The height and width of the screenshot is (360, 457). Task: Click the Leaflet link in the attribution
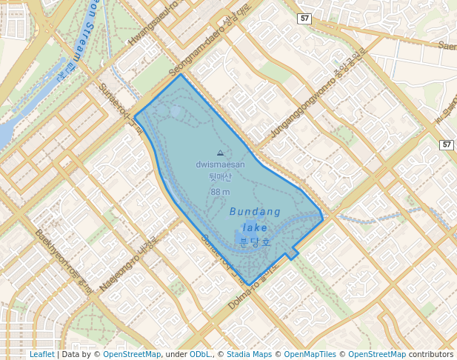(x=41, y=354)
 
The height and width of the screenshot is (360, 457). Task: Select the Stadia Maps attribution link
(x=249, y=354)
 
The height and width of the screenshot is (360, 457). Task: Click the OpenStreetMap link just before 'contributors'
(x=377, y=354)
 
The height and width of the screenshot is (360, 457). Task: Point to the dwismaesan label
(x=220, y=164)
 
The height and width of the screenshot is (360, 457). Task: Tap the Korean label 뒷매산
(x=220, y=177)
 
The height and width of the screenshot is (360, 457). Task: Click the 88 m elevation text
(x=220, y=192)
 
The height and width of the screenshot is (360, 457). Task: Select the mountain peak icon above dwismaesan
(x=220, y=153)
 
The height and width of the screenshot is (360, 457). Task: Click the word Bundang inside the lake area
(x=255, y=212)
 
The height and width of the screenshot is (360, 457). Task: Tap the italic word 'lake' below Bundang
(x=255, y=227)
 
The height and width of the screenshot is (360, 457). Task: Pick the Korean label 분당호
(x=255, y=242)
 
